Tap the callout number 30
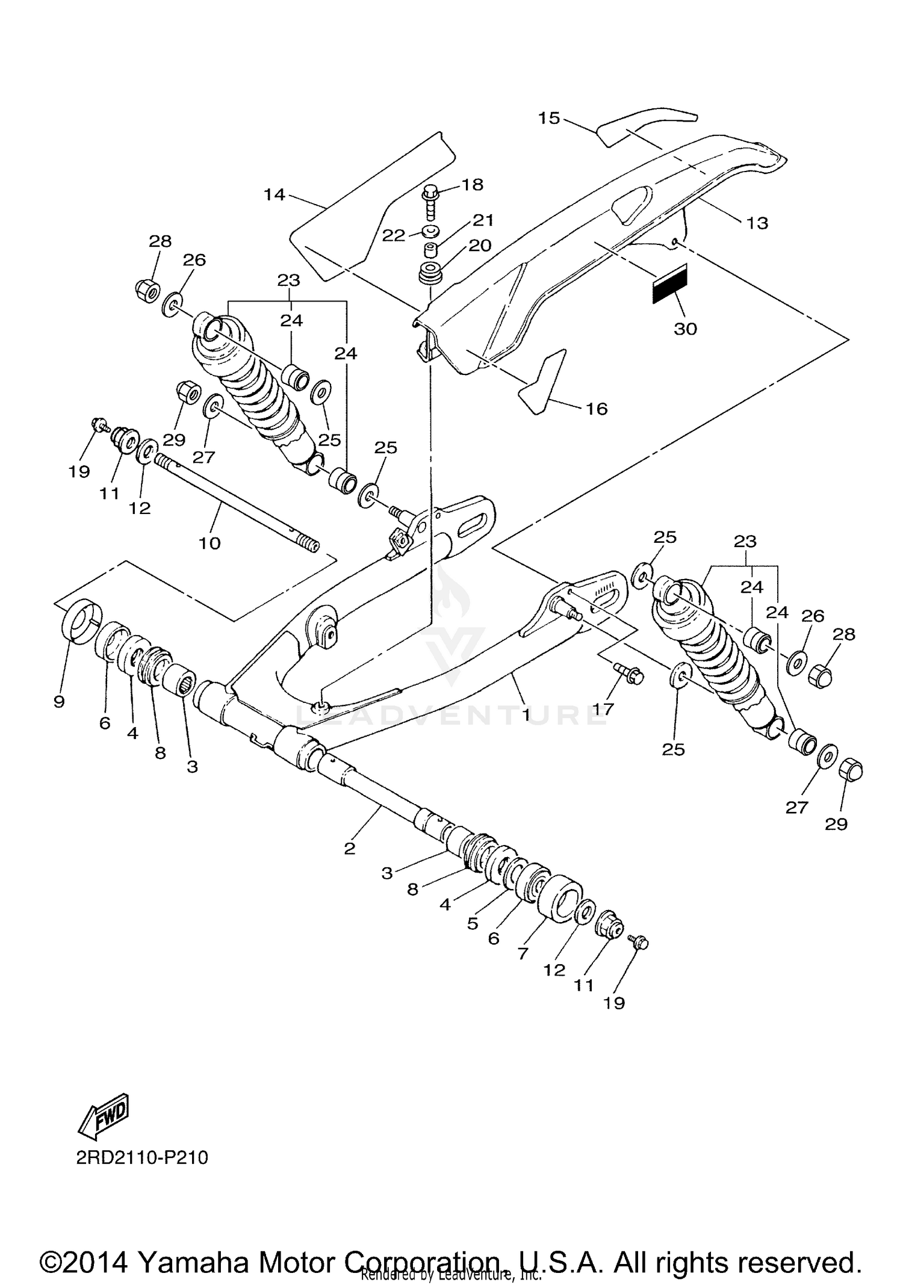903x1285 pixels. [x=685, y=329]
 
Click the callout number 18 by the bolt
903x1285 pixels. [x=473, y=184]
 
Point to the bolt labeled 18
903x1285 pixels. [x=430, y=201]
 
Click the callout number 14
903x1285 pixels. [x=274, y=194]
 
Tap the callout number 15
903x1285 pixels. [x=549, y=118]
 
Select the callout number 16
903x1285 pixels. [x=597, y=409]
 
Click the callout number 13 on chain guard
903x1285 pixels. [x=757, y=223]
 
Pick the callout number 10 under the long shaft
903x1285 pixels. [x=209, y=543]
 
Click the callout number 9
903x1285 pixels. [x=59, y=701]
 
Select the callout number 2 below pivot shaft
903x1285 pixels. [x=350, y=849]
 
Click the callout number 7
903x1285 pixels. [x=523, y=953]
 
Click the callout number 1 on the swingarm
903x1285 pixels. [x=526, y=715]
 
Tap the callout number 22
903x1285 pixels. [x=394, y=235]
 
